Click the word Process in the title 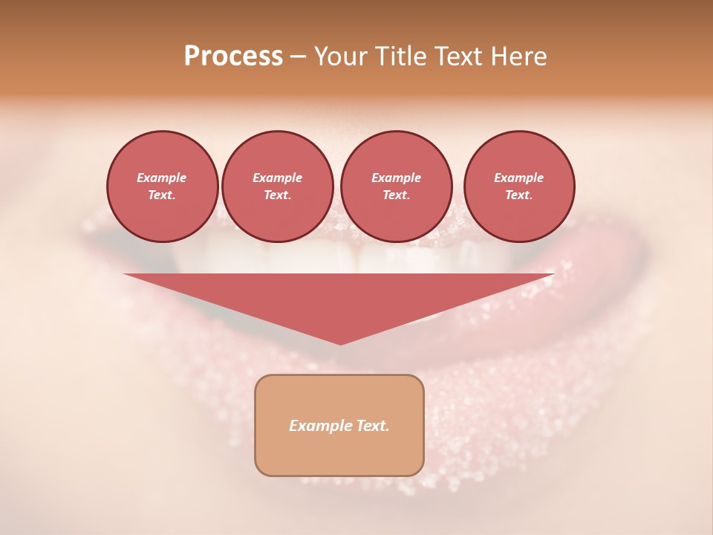point(233,56)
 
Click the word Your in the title point(341,56)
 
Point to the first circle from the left point(162,187)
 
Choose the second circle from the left point(277,187)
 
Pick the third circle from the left point(396,187)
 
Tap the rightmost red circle point(518,187)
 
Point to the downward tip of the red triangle point(340,343)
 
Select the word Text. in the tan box point(373,426)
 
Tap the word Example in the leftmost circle point(162,178)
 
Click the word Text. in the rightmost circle point(518,195)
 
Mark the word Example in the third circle point(396,178)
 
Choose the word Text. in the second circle point(277,195)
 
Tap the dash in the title point(299,57)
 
